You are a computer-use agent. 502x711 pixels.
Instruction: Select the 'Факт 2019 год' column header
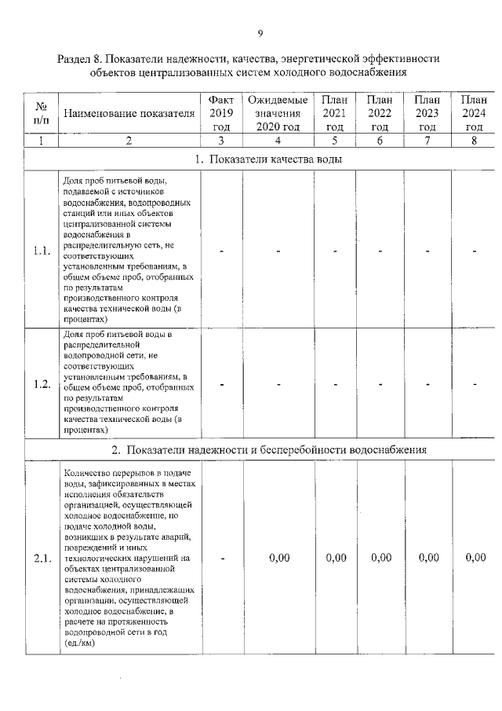pos(222,113)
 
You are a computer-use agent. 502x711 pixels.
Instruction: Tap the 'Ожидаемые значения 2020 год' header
pos(278,113)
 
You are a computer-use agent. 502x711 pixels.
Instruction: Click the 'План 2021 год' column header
pos(335,113)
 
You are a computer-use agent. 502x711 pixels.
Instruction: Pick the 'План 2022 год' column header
pos(380,113)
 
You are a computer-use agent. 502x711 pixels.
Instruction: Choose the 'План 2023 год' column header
pos(427,113)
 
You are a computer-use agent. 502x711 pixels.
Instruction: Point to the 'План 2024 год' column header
pos(474,113)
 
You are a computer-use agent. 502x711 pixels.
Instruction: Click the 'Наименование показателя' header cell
pos(129,114)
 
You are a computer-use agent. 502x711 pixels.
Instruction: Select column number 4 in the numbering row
pos(278,141)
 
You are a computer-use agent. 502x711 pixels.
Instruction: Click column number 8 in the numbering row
pos(474,141)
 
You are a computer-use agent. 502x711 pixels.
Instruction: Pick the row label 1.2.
pos(42,384)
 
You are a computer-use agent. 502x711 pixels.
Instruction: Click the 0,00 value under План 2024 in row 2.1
pos(475,558)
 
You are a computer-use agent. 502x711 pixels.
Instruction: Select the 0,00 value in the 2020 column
pos(279,558)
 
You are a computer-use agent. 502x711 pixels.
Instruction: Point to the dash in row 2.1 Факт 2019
pos(223,558)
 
